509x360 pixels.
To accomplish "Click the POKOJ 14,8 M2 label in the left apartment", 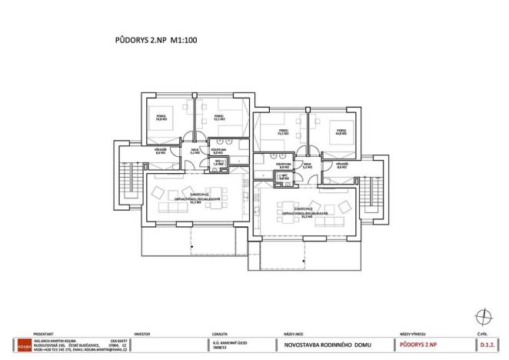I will [162, 118].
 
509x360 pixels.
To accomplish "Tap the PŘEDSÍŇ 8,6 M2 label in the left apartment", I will [161, 152].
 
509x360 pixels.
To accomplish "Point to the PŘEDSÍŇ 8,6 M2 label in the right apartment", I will [342, 165].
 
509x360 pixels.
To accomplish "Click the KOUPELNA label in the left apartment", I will [218, 152].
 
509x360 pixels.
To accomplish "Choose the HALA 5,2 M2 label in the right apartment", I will [308, 165].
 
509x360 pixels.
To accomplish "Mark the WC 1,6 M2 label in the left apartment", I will [218, 163].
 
